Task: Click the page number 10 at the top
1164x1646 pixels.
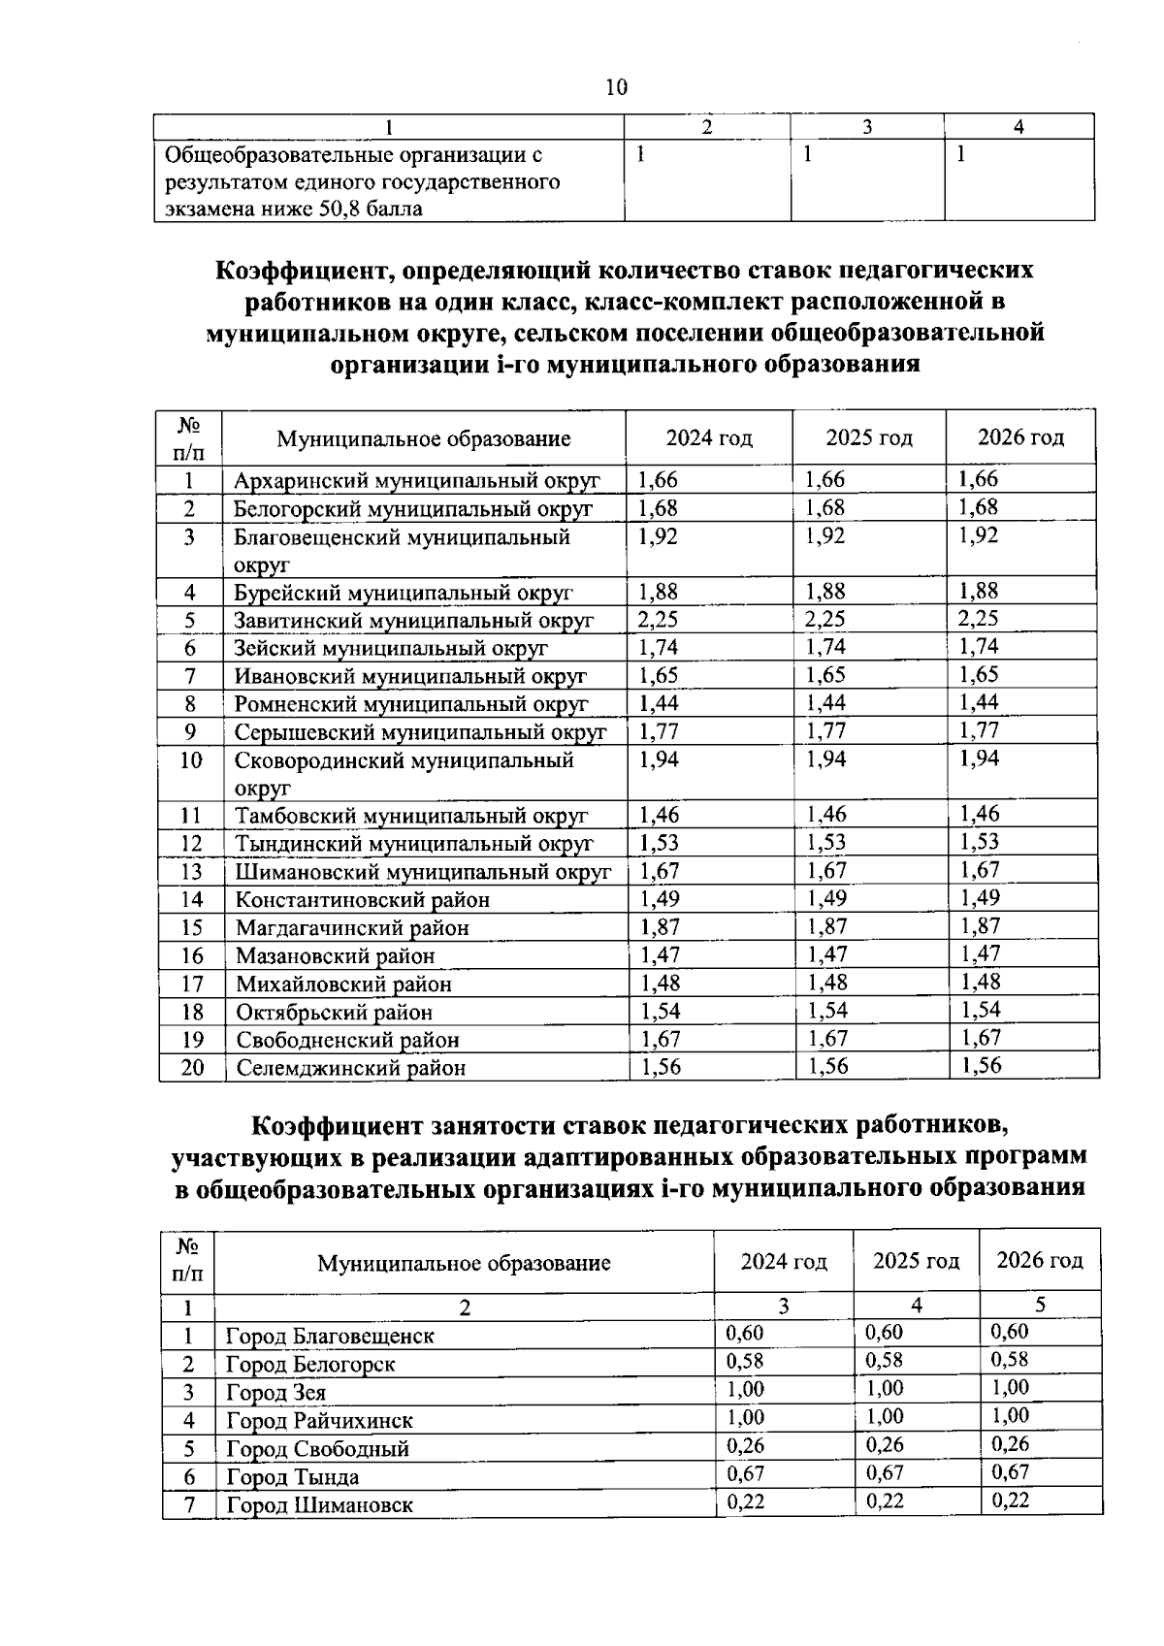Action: (616, 88)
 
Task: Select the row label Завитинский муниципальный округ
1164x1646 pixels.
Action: (413, 620)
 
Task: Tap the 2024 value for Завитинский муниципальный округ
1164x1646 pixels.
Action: (658, 619)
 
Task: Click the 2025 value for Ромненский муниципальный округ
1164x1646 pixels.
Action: (826, 702)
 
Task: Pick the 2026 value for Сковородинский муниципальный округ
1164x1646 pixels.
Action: (979, 758)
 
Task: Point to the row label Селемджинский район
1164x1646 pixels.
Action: (350, 1068)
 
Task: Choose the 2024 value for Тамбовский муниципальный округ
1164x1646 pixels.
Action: (660, 814)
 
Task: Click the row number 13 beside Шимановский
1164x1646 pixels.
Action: (191, 871)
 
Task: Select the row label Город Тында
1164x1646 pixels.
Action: (292, 1477)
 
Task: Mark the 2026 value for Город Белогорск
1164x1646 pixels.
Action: (1010, 1360)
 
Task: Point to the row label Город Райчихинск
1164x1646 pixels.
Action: (319, 1421)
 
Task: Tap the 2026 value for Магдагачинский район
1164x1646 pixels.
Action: (980, 925)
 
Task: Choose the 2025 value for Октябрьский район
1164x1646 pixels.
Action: (827, 1011)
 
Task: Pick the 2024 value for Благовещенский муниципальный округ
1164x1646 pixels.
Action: (659, 536)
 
